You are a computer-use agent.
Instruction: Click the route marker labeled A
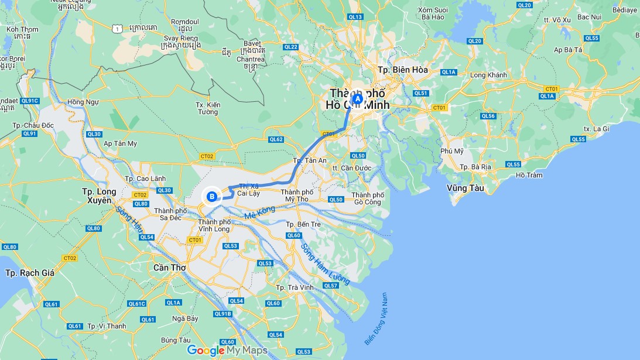tap(357, 100)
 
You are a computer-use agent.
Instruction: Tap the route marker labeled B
tap(211, 197)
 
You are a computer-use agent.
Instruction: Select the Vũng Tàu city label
tap(465, 188)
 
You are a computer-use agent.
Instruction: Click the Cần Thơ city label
tap(169, 268)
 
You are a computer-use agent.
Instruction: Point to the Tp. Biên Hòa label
tap(403, 70)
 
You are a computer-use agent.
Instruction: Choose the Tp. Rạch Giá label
tap(29, 273)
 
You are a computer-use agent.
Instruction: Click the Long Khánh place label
tap(488, 76)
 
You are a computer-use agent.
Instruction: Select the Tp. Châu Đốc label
tap(33, 126)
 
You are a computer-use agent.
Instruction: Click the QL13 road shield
tap(355, 18)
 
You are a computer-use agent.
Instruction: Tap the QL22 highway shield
tap(290, 47)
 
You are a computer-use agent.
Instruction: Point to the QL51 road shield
tap(420, 93)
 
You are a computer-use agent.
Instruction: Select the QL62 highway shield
tap(276, 139)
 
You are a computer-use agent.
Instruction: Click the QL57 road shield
tap(331, 286)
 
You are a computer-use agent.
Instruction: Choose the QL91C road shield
tap(29, 101)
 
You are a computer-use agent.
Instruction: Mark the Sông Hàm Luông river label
tap(325, 264)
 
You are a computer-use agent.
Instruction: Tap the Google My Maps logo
tap(227, 350)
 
